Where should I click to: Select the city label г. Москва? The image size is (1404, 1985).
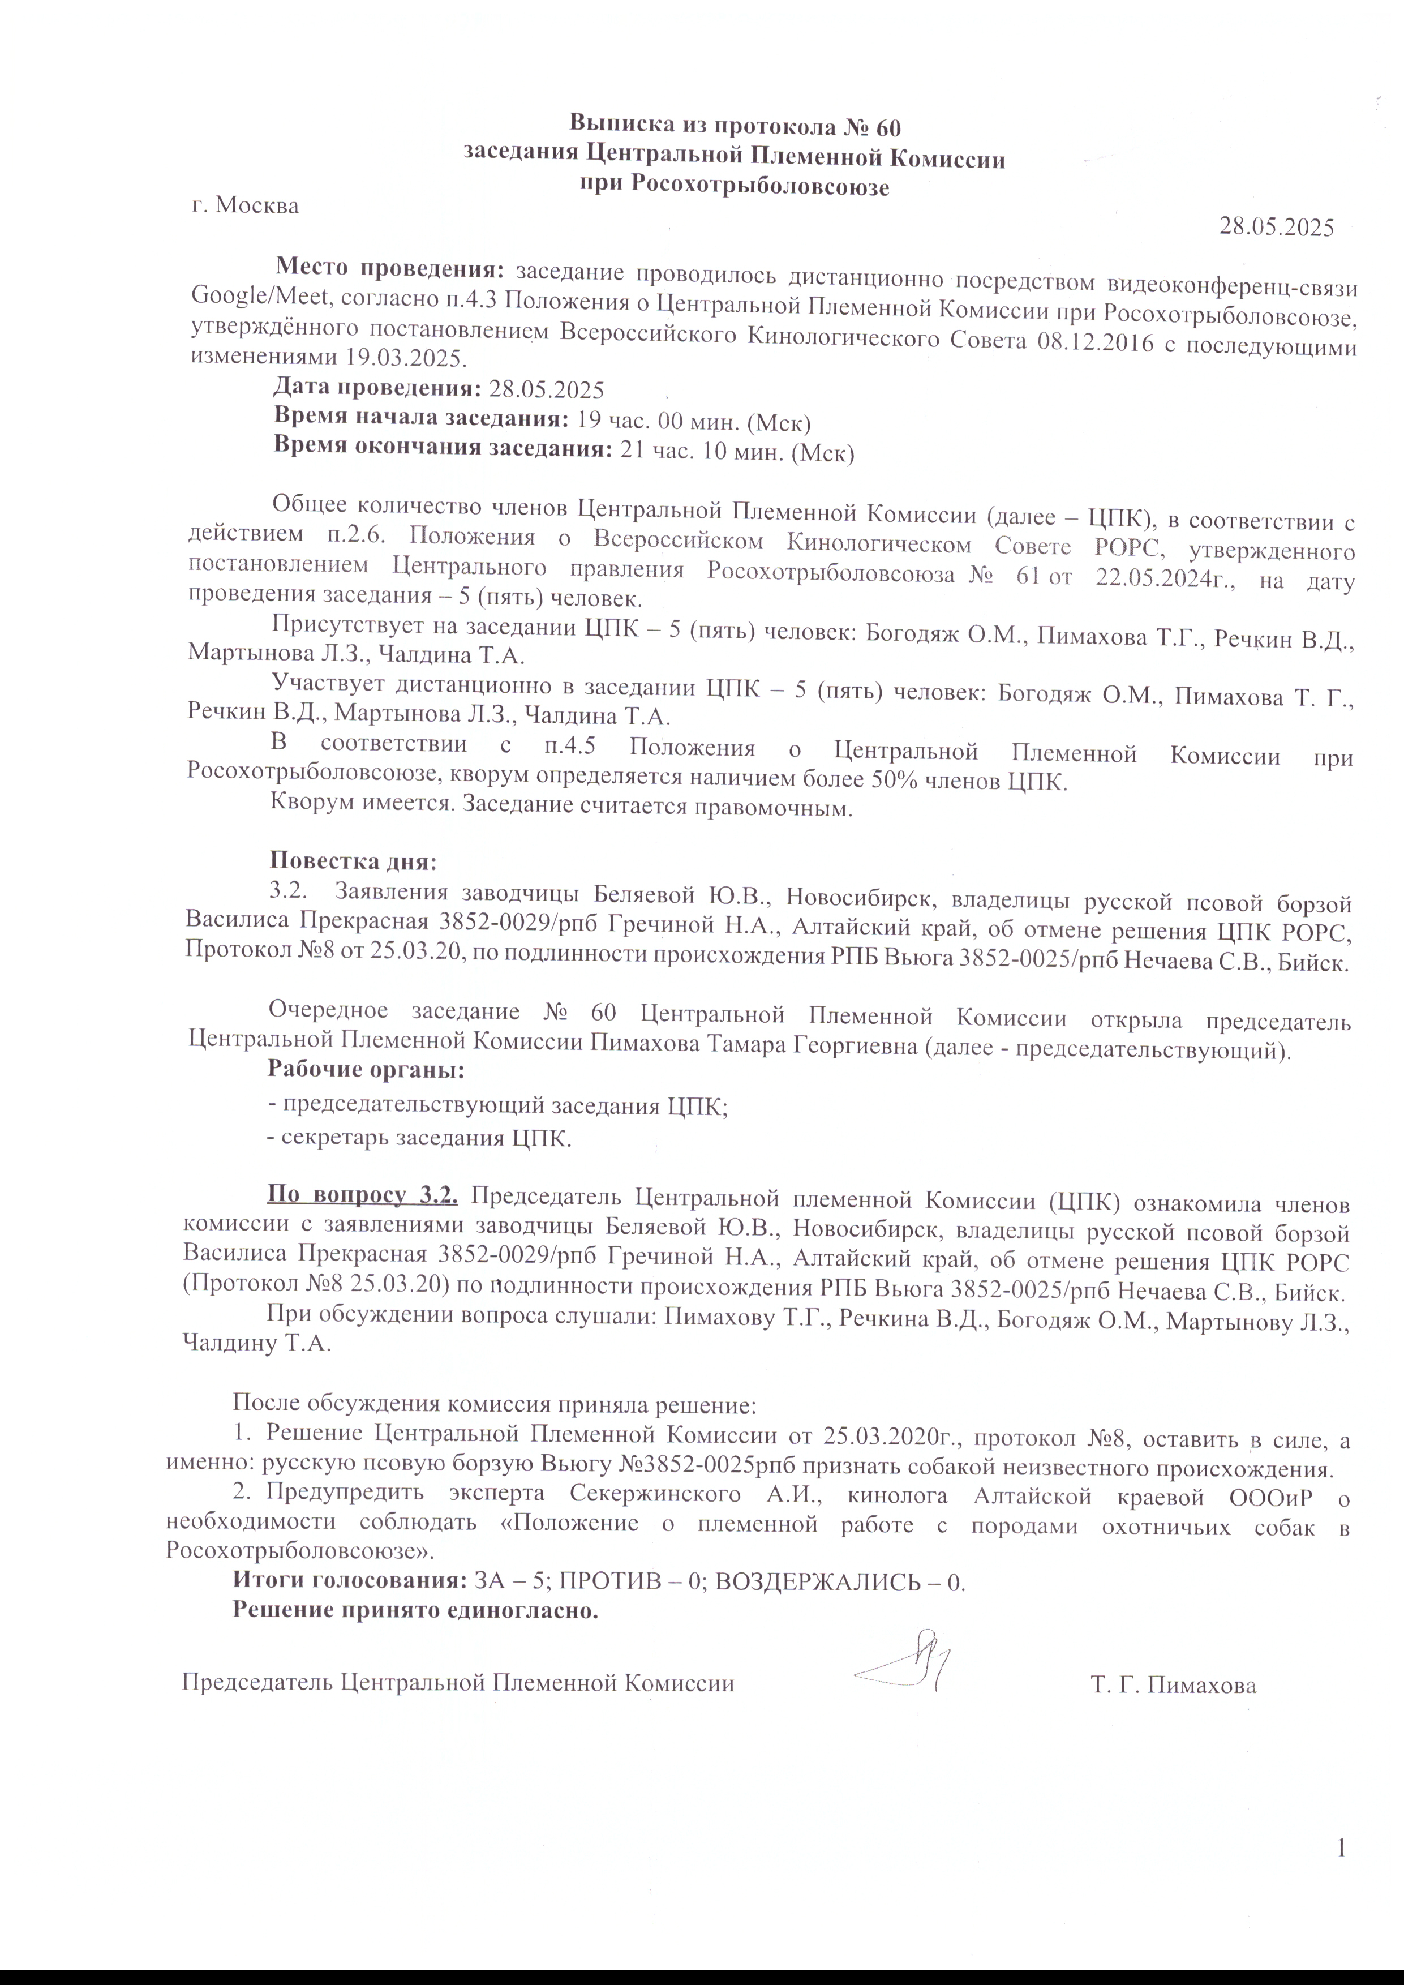point(246,207)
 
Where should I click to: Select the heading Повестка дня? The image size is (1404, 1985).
point(354,862)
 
